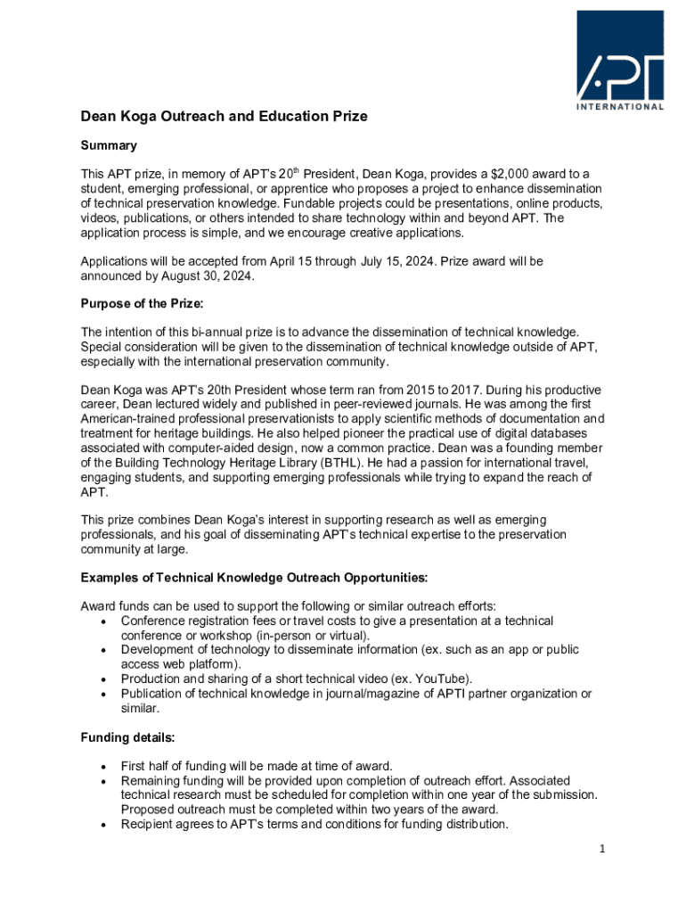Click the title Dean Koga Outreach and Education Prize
[x=224, y=117]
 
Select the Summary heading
[x=109, y=145]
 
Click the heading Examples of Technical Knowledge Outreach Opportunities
[x=254, y=577]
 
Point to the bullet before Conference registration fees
[x=107, y=621]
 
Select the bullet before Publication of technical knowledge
[x=107, y=694]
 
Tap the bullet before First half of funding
[x=107, y=767]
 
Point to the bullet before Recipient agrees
[x=107, y=825]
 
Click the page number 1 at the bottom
[x=602, y=850]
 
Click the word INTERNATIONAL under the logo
[x=619, y=107]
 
